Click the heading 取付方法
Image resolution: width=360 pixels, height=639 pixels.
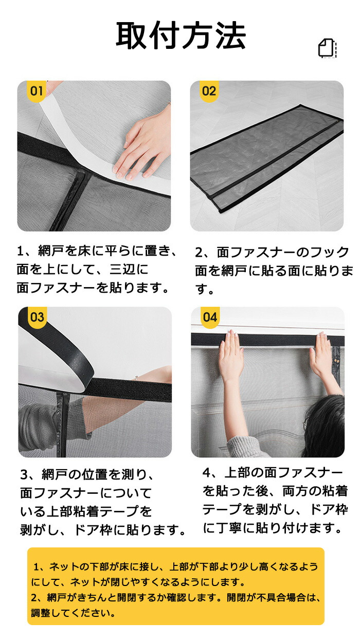(181, 35)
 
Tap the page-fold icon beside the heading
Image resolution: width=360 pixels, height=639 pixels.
(328, 48)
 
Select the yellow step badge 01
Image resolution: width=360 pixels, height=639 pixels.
(37, 91)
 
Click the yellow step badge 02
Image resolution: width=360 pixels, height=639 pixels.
(209, 91)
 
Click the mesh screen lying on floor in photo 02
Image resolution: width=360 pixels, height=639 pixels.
(267, 158)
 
